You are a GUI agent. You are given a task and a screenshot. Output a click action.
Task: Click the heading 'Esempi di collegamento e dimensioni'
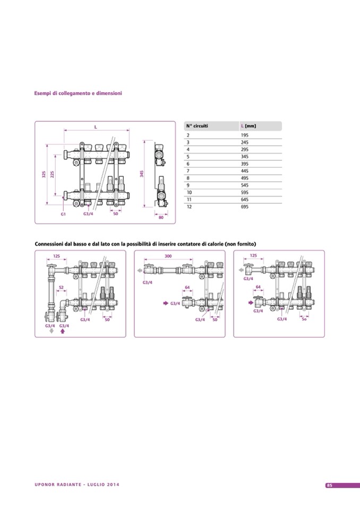click(78, 93)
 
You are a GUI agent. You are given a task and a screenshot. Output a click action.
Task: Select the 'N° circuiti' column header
click(197, 126)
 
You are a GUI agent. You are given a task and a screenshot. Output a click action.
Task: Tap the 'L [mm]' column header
click(248, 126)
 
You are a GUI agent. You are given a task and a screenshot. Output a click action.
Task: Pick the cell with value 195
click(245, 136)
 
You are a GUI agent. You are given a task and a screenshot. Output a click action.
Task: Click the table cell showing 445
click(245, 171)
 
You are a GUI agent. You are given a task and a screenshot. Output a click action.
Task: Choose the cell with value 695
click(245, 206)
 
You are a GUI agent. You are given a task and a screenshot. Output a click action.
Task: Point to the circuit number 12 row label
click(188, 206)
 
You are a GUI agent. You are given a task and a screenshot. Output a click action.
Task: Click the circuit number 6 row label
click(187, 164)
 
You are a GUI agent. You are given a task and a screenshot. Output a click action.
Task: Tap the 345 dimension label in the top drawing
click(142, 174)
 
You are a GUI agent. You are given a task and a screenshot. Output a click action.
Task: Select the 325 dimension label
click(44, 174)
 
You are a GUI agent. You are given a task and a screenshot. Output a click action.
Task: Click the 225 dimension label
click(52, 174)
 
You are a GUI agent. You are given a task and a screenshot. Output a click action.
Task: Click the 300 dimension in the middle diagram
click(168, 256)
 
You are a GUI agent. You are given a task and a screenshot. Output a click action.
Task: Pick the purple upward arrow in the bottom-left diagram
click(63, 330)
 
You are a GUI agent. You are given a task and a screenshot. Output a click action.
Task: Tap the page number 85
click(330, 485)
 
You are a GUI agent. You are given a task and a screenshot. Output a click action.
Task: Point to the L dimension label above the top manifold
click(96, 127)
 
